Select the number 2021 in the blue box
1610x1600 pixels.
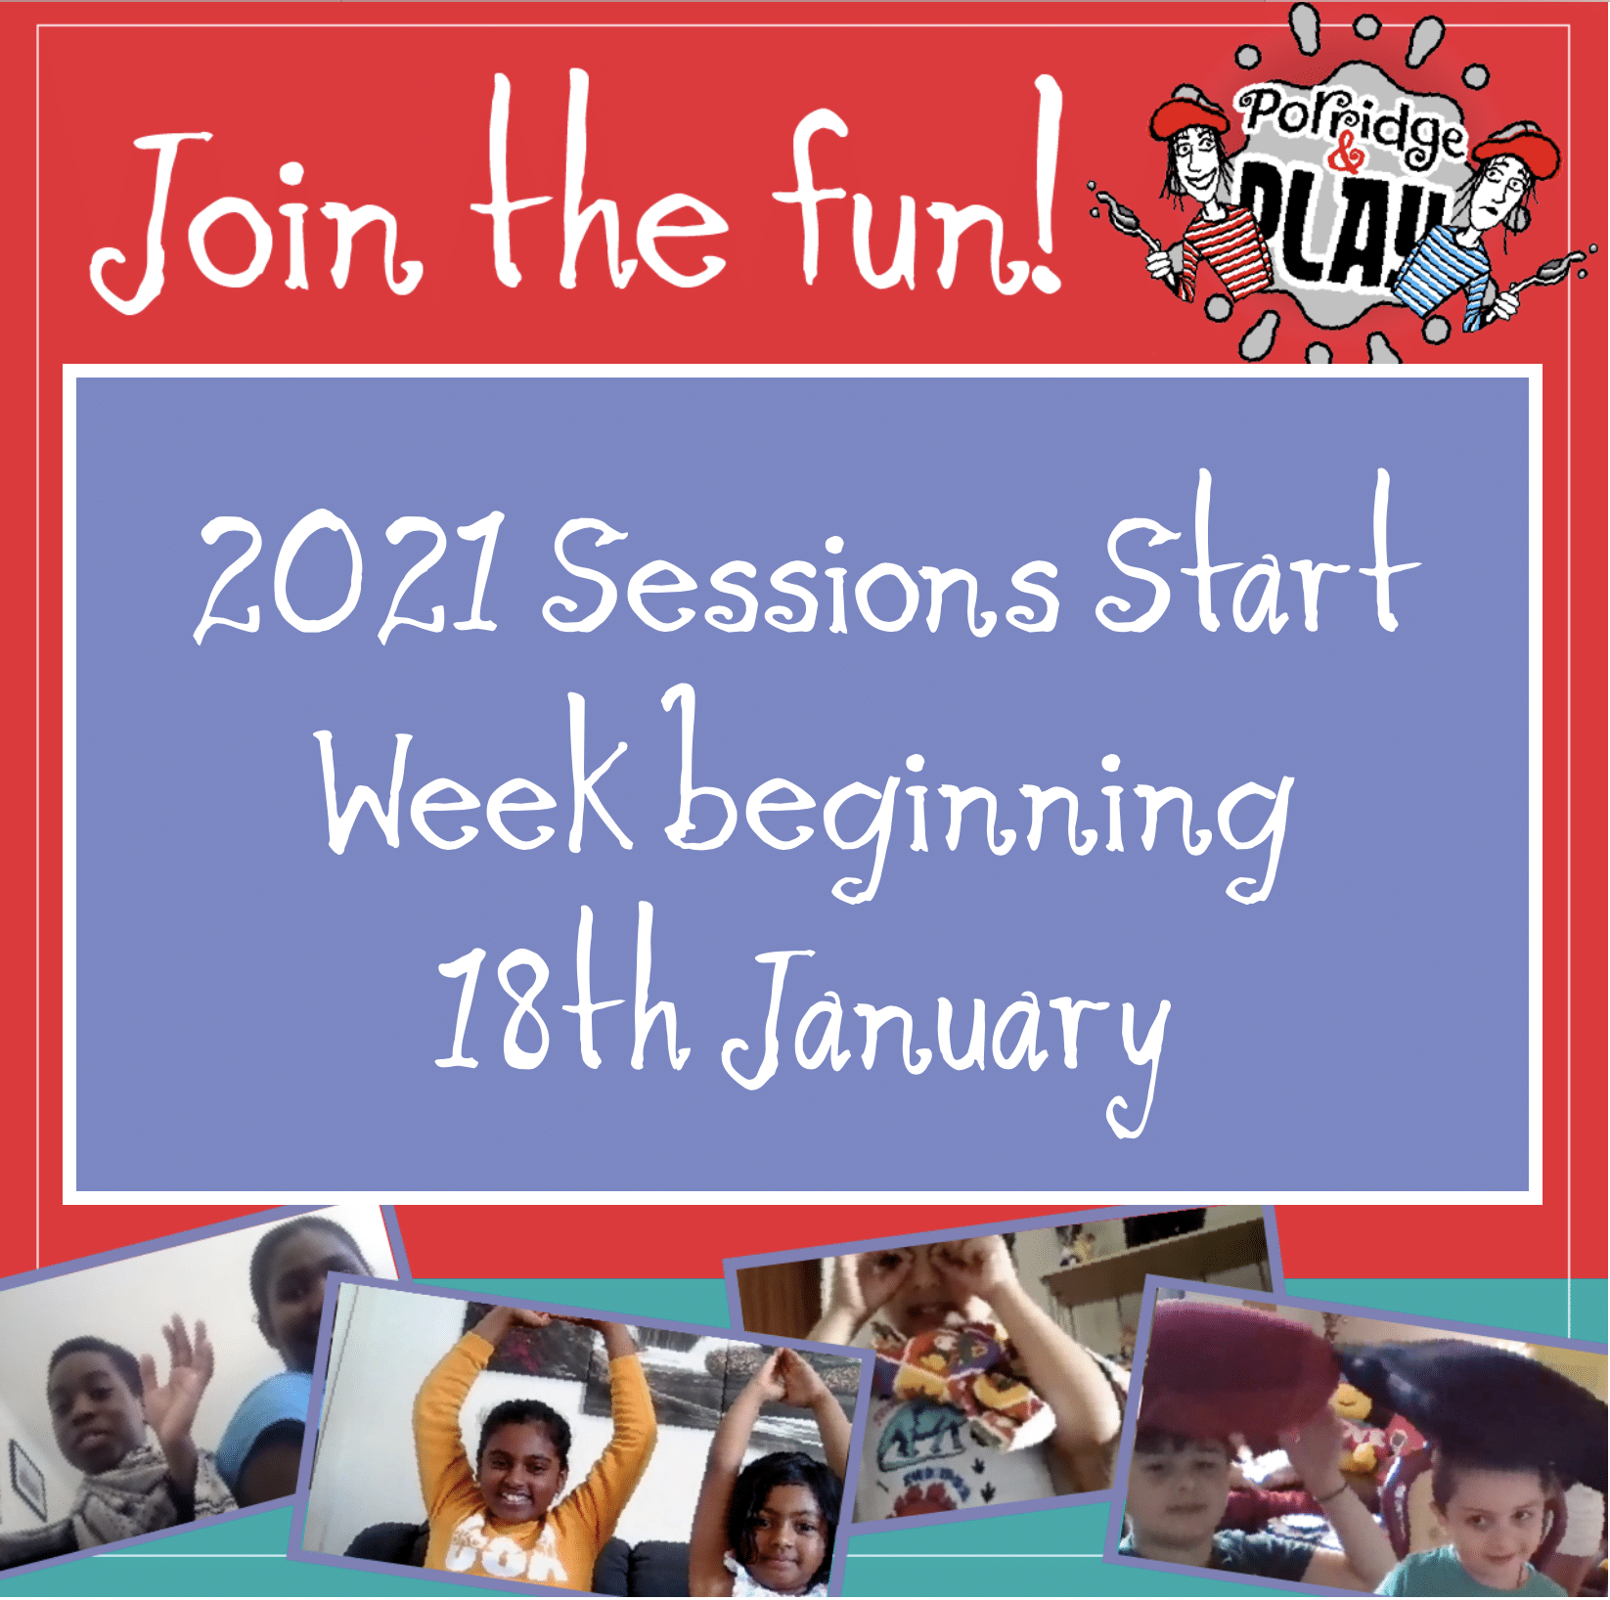(x=351, y=576)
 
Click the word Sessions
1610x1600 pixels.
(x=802, y=576)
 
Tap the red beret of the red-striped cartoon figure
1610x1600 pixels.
(x=1187, y=112)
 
